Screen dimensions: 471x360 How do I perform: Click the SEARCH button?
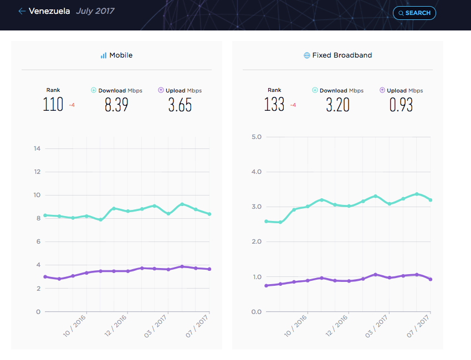click(x=414, y=13)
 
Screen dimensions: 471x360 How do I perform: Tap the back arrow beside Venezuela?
click(x=22, y=11)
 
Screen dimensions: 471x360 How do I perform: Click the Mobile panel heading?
click(x=116, y=55)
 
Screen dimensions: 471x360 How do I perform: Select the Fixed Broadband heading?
click(x=338, y=55)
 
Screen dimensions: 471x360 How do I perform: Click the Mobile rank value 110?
click(x=53, y=105)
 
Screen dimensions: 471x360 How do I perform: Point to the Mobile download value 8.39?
click(x=116, y=105)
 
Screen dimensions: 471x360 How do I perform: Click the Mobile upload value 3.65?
click(x=180, y=105)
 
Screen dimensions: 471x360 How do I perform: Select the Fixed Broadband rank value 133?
click(x=274, y=105)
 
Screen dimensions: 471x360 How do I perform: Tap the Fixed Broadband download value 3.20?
click(x=338, y=105)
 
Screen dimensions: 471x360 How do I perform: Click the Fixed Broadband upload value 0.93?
click(x=401, y=105)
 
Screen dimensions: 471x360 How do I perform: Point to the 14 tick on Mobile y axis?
click(x=37, y=148)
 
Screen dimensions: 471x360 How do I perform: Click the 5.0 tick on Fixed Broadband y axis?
click(x=257, y=137)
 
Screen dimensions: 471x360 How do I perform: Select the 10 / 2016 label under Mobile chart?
click(x=74, y=326)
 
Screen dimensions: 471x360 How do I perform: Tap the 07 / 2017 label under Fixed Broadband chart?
click(x=418, y=326)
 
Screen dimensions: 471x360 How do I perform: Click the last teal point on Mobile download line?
click(x=209, y=214)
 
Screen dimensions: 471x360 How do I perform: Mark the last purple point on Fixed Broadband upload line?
click(x=431, y=279)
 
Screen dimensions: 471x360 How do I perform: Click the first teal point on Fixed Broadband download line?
click(x=266, y=222)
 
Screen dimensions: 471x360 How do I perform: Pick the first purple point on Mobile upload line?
click(x=45, y=277)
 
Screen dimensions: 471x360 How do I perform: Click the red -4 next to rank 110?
click(x=72, y=105)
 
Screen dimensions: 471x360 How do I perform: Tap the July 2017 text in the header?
click(x=95, y=11)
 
